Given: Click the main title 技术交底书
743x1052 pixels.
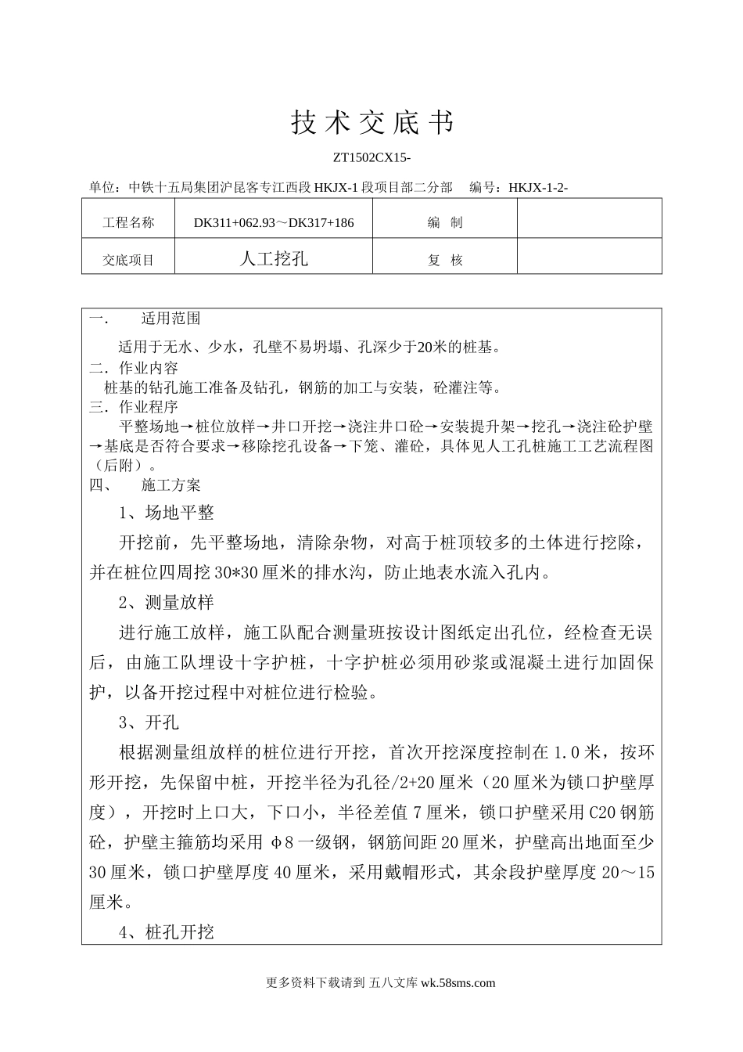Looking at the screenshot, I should tap(371, 122).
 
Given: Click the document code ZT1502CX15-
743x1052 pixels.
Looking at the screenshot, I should tap(371, 158).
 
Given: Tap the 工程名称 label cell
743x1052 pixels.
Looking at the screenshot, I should tap(128, 222).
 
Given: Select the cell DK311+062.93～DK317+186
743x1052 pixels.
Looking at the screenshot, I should tap(274, 222).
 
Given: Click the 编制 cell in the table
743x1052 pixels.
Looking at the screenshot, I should tap(445, 222).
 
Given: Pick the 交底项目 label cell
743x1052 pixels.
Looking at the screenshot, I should tap(128, 260).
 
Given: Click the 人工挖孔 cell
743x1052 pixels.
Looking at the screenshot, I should tap(274, 259).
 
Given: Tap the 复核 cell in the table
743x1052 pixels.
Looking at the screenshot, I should tap(445, 260).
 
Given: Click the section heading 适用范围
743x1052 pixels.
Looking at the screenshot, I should tap(170, 319).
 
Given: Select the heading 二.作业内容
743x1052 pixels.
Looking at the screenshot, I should tap(134, 368).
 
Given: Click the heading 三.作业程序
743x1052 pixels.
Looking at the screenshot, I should tap(134, 407).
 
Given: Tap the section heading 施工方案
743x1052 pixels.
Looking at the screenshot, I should tap(170, 485).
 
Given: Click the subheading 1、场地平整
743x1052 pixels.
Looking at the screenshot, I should tap(166, 513).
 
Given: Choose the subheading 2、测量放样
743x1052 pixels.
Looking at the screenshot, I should tap(166, 602).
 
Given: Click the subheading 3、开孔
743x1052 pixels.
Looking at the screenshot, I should tap(149, 722).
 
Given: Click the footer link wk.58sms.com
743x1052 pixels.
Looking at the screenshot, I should tap(458, 983).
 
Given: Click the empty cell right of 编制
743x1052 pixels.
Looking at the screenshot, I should tap(589, 222).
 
